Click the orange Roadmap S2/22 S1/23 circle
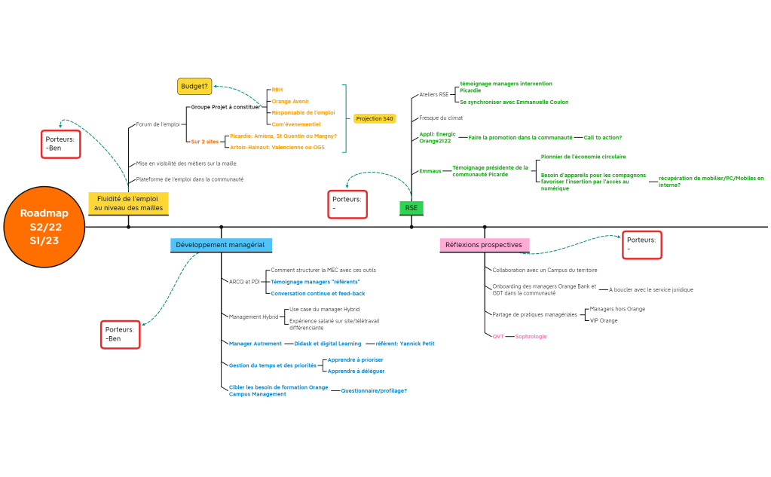44,227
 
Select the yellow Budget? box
194,86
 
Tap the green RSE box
411,208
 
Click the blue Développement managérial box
220,245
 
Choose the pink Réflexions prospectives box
484,245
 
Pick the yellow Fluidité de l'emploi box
128,203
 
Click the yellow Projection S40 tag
375,118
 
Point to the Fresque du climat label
441,118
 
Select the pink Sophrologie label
531,336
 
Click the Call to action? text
602,138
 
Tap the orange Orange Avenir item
290,101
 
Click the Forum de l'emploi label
158,124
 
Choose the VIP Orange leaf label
603,320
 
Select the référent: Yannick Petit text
405,344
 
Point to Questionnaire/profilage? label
374,390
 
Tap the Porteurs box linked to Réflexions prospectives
641,244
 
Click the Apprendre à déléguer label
356,371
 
